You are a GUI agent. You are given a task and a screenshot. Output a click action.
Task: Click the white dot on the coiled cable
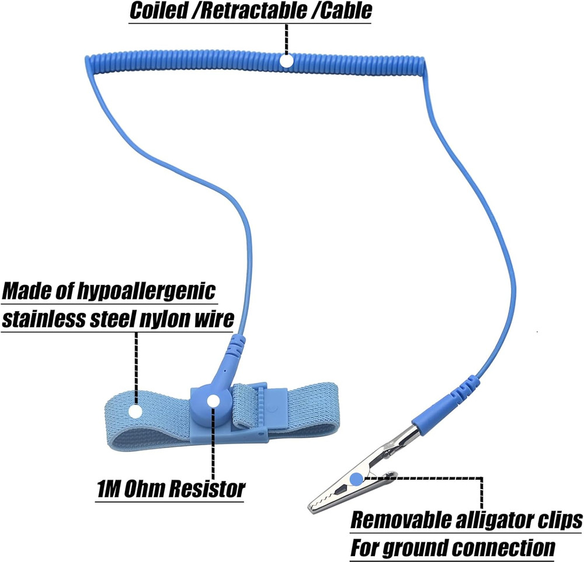(286, 61)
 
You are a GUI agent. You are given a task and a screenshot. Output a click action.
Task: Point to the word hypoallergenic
(147, 291)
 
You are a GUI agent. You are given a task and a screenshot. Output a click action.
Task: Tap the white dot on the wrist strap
(135, 410)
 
